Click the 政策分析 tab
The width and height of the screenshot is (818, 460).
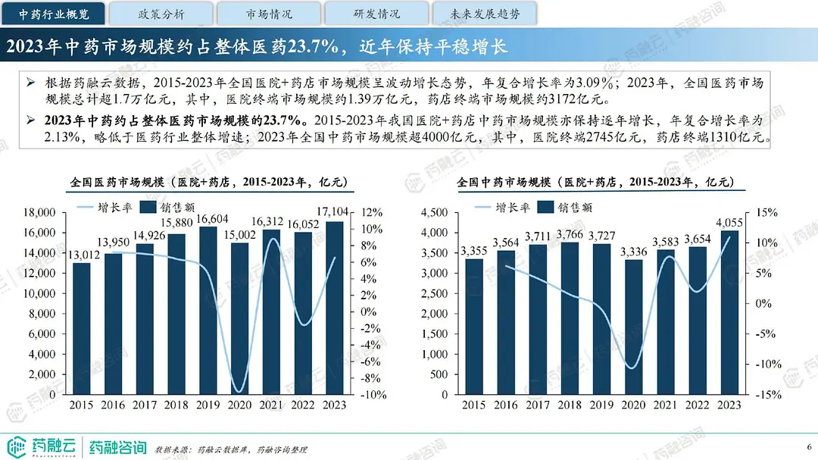pos(161,14)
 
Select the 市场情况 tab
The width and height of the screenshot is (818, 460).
pos(269,14)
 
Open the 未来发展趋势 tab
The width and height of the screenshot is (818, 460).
pos(484,14)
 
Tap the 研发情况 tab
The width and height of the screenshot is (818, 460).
pos(376,14)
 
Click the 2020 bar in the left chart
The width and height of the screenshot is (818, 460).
pos(242,318)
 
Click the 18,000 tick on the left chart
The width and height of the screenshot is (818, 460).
pos(40,213)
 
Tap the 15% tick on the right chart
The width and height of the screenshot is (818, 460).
pos(766,213)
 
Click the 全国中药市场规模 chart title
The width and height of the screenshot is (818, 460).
pos(596,183)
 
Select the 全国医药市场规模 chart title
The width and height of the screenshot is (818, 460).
pos(208,183)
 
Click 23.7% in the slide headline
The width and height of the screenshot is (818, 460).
pos(301,46)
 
